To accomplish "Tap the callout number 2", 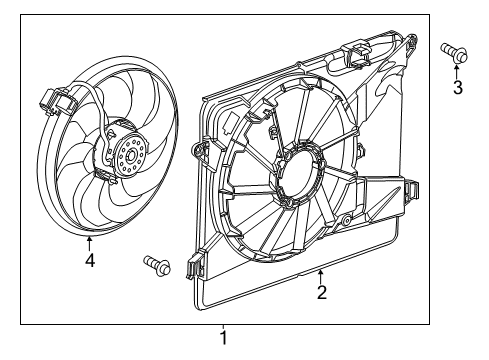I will coord(321,293).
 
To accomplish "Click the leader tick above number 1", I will coord(224,327).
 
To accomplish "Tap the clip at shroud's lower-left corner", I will coord(195,266).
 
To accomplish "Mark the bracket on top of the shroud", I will coord(357,54).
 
